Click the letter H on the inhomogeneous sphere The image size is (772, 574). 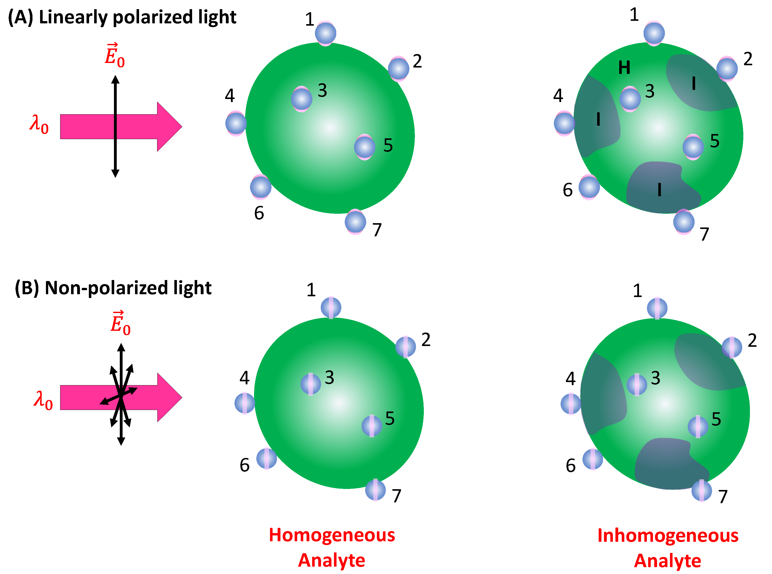pyautogui.click(x=624, y=68)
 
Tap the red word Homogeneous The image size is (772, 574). pyautogui.click(x=332, y=535)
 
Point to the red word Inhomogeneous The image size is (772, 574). pyautogui.click(x=667, y=535)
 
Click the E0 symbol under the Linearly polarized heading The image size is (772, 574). pyautogui.click(x=115, y=56)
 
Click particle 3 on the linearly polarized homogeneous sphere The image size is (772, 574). pyautogui.click(x=301, y=99)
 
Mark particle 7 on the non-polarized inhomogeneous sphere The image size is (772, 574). pyautogui.click(x=701, y=491)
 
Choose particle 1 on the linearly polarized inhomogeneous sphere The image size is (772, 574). pyautogui.click(x=654, y=33)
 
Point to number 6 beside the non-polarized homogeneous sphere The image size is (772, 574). pyautogui.click(x=244, y=465)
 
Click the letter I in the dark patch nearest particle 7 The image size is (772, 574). pyautogui.click(x=659, y=190)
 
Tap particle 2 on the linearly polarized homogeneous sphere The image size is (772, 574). pyautogui.click(x=398, y=69)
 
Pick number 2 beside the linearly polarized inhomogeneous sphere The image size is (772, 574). pyautogui.click(x=748, y=59)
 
